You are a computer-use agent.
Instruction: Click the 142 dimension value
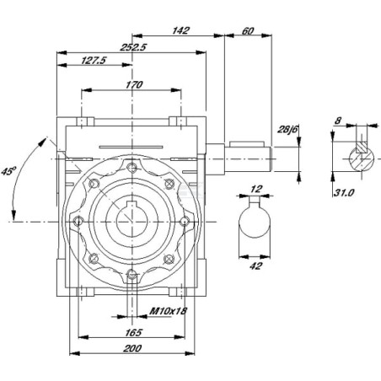point(180,30)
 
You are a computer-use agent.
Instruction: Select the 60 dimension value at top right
point(247,31)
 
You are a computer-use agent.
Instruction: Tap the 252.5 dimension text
point(133,47)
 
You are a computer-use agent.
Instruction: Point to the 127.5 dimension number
point(94,60)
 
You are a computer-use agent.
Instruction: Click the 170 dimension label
point(134,84)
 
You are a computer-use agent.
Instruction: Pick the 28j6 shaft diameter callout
point(287,129)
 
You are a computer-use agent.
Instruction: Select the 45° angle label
point(8,171)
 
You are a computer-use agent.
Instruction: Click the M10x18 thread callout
point(168,311)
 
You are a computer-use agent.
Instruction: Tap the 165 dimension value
point(133,332)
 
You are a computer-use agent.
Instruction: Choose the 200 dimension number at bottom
point(132,348)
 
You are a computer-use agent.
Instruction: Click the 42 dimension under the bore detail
point(255,266)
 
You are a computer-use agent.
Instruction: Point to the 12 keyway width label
point(255,189)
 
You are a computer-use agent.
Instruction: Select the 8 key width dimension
point(338,121)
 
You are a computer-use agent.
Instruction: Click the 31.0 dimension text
point(344,192)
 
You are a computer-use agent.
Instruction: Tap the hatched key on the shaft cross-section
point(362,147)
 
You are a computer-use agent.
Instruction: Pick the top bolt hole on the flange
point(131,168)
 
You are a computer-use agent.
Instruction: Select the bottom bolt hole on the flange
point(131,275)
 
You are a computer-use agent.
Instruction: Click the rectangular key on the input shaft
point(247,144)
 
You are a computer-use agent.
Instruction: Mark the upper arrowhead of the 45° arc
point(43,142)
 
